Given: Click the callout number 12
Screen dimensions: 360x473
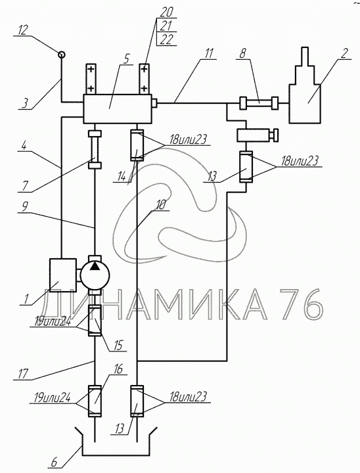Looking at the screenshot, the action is pyautogui.click(x=23, y=30).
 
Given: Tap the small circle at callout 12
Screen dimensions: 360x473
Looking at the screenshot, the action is pyautogui.click(x=61, y=55).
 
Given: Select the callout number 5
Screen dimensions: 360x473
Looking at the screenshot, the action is pyautogui.click(x=127, y=59).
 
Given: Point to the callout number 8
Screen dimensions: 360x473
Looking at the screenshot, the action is pyautogui.click(x=242, y=53).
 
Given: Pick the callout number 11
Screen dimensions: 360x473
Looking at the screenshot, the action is pyautogui.click(x=208, y=53).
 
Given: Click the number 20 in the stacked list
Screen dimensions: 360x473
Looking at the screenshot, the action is pyautogui.click(x=167, y=12).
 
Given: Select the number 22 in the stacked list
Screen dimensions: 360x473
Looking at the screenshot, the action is pyautogui.click(x=166, y=39).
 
